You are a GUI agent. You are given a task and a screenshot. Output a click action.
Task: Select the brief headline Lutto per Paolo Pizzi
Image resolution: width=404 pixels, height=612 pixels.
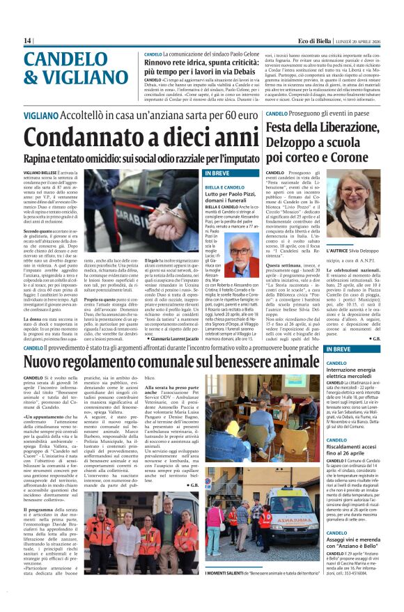point(229,192)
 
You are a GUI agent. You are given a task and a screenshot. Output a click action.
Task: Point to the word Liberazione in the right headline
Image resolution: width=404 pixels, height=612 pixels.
point(345,128)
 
